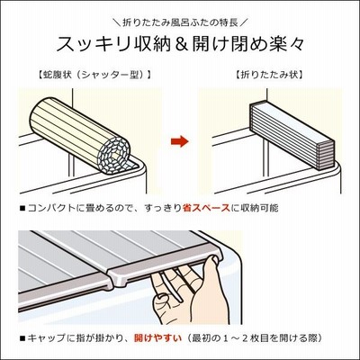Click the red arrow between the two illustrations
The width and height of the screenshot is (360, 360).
pos(179,141)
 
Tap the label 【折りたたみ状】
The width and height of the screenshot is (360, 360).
pos(269,75)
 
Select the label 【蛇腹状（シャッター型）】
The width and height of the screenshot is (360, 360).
pos(94,75)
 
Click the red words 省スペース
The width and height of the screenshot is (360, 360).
pos(206,208)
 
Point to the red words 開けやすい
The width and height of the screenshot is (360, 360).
pos(157,338)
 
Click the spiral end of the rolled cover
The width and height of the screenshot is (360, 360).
pos(116,156)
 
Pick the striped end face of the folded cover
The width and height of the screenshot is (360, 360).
pos(326,156)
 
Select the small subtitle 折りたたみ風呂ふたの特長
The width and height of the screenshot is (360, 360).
pos(180,22)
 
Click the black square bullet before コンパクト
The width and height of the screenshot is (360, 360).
pos(22,208)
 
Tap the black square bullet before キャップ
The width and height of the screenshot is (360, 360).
pos(22,338)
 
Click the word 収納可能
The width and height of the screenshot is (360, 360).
pos(259,208)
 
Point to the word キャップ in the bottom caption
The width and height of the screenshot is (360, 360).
pos(46,338)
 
